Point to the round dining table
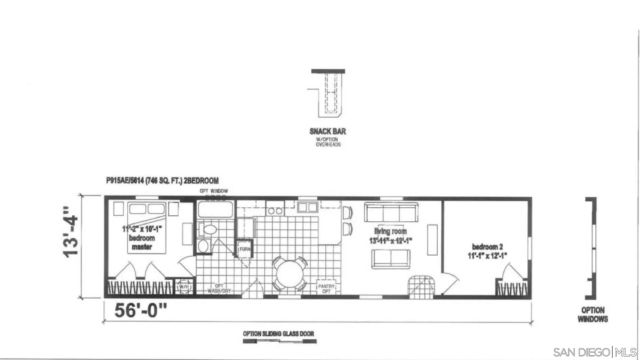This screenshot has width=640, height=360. tap(292, 270)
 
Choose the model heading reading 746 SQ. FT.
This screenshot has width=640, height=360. tap(162, 180)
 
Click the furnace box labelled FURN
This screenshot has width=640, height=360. tap(244, 248)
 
